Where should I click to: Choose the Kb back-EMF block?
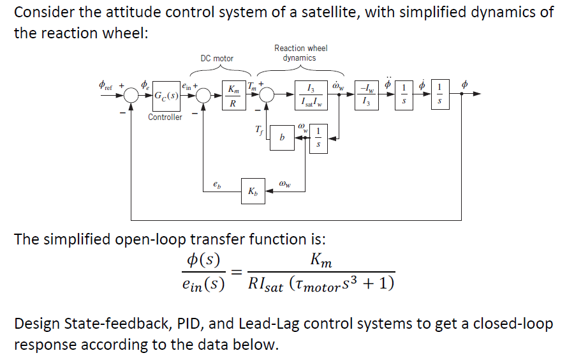(x=253, y=191)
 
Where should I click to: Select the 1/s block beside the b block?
(x=319, y=138)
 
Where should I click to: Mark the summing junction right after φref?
(x=133, y=95)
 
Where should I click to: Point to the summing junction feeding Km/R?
(x=204, y=95)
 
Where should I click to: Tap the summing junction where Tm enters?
(x=267, y=95)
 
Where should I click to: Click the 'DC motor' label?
(x=217, y=58)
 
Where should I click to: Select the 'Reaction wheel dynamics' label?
(x=300, y=53)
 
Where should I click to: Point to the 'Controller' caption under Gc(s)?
(x=165, y=117)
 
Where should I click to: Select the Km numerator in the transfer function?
(x=320, y=260)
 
